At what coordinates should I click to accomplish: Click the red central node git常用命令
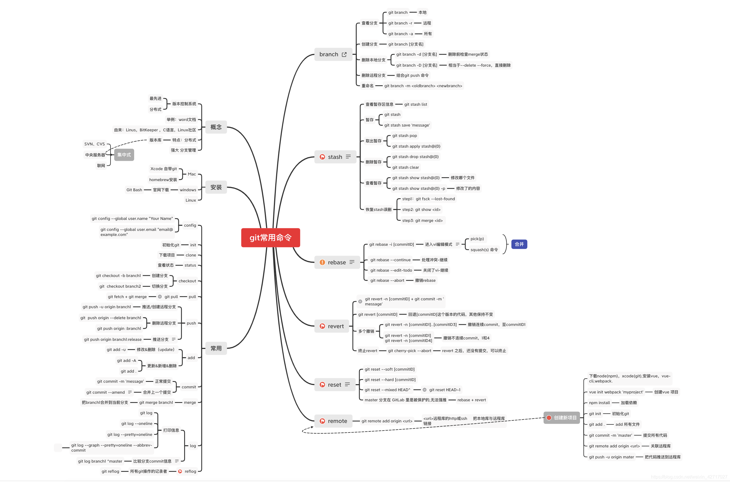(x=270, y=238)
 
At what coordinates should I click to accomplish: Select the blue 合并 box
(x=519, y=244)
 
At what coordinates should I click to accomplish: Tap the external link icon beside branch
(x=344, y=54)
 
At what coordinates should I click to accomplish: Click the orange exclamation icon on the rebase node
(x=322, y=262)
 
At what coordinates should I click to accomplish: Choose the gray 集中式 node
(x=124, y=155)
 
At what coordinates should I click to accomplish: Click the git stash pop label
(x=404, y=136)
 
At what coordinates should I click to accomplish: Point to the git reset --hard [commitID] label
(x=390, y=380)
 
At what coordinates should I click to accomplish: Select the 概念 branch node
(x=216, y=127)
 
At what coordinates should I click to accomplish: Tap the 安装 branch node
(x=216, y=187)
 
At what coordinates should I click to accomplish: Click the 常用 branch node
(x=216, y=348)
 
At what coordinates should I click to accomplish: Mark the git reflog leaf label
(x=110, y=471)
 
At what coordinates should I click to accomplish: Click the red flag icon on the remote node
(x=322, y=421)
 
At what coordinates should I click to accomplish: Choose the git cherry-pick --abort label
(x=409, y=351)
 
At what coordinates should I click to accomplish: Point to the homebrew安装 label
(x=163, y=180)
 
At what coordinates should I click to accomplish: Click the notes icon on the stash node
(x=348, y=157)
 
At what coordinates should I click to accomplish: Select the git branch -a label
(x=400, y=34)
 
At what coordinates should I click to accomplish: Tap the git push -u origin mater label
(x=611, y=457)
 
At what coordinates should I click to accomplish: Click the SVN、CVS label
(x=94, y=144)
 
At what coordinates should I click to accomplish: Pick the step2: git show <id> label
(x=421, y=210)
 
